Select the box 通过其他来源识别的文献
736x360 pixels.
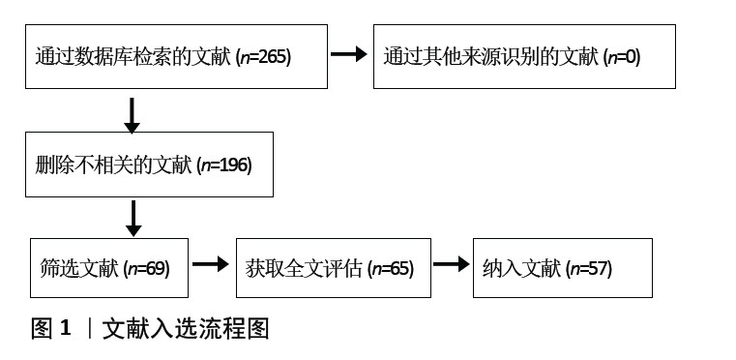pos(523,57)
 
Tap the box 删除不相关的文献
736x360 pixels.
pos(149,165)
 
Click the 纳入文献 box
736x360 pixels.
pos(561,268)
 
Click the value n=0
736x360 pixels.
pos(621,57)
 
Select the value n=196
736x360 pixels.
pos(226,165)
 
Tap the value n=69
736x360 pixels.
pos(148,268)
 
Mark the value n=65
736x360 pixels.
pos(392,268)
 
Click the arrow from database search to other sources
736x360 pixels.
pos(349,54)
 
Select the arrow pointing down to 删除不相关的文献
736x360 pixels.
pos(132,114)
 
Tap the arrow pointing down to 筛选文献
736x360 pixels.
pos(132,218)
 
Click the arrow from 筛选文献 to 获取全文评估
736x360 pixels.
pos(209,262)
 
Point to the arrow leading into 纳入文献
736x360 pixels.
pos(450,262)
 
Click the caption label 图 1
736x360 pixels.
pos(51,329)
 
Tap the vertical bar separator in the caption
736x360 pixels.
pos(89,329)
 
